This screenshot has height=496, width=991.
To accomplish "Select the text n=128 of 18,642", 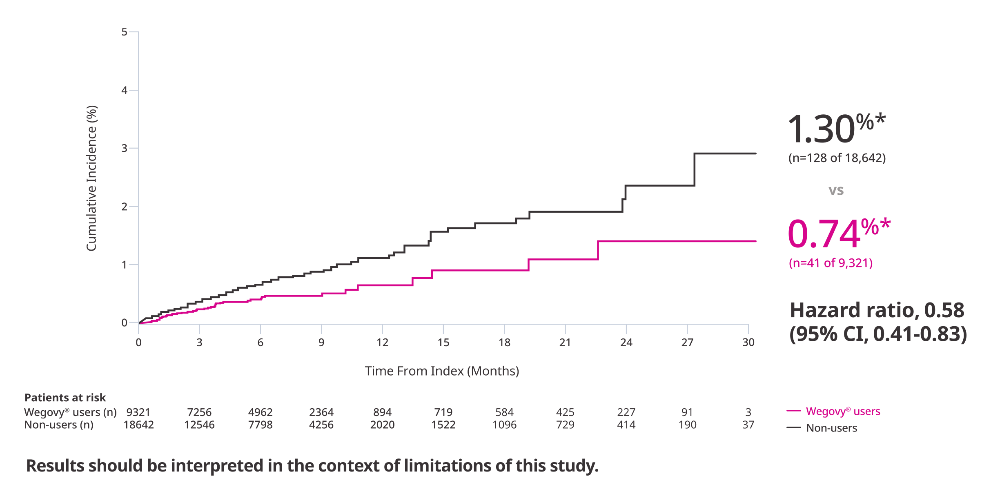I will [837, 158].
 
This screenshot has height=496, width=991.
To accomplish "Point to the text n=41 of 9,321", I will [831, 263].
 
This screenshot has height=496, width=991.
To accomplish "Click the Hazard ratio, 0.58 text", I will [876, 310].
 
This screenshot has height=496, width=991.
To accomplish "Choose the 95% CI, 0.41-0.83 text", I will [877, 334].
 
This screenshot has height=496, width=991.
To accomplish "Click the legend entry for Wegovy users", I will [842, 411].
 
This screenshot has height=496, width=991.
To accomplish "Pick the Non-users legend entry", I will [831, 428].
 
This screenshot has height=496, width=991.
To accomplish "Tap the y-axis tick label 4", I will [124, 91].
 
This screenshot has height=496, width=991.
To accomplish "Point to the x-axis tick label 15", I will [443, 343].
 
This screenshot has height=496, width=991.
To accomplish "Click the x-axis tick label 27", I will [687, 343].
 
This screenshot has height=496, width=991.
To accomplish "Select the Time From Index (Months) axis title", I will [442, 371].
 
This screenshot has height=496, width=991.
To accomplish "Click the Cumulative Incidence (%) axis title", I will [91, 178].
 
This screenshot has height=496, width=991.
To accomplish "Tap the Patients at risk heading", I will [65, 398].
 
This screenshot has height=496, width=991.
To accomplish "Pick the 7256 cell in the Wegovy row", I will [199, 412].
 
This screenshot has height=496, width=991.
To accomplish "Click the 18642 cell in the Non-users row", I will [138, 425].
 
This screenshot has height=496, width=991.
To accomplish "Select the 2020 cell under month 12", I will [382, 425].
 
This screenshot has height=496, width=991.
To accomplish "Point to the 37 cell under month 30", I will [748, 425].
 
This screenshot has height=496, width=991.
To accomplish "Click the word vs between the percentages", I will [836, 190].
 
